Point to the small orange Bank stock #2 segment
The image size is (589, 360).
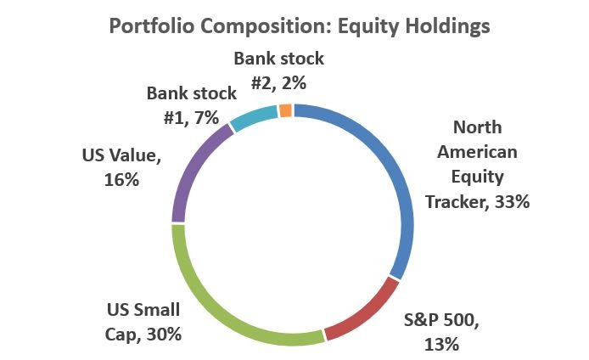[x=286, y=110]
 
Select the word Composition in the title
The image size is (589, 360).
[x=255, y=26]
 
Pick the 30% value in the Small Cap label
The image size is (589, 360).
[x=162, y=334]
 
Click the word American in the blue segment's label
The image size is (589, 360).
[x=489, y=153]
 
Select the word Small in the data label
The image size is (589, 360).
[x=161, y=309]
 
